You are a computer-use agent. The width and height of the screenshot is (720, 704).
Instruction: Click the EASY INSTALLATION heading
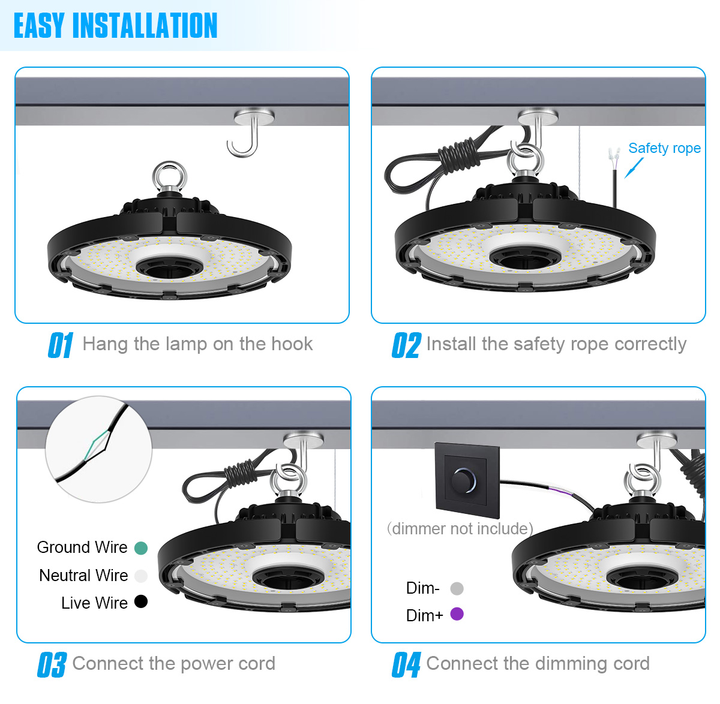[115, 26]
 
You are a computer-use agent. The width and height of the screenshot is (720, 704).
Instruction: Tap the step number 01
[61, 345]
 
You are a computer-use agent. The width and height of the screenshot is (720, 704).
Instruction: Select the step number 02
[406, 345]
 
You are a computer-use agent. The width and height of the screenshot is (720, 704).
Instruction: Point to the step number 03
[52, 664]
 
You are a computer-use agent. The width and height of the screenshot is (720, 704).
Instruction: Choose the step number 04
[406, 664]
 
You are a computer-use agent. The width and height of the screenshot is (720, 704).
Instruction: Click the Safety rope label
[665, 148]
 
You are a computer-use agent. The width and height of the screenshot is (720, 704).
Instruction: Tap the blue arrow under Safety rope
[634, 168]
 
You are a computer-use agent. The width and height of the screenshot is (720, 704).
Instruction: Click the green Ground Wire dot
[141, 548]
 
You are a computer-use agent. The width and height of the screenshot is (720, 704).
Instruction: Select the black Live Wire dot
[141, 601]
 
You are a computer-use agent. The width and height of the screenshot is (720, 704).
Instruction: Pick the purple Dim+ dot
[457, 614]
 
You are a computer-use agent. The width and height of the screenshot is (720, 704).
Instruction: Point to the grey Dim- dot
[457, 588]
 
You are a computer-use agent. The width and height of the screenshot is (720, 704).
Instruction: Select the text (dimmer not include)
[460, 529]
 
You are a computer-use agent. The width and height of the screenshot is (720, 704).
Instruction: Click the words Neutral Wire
[83, 575]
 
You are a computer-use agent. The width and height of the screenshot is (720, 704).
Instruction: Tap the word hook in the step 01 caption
[292, 344]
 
